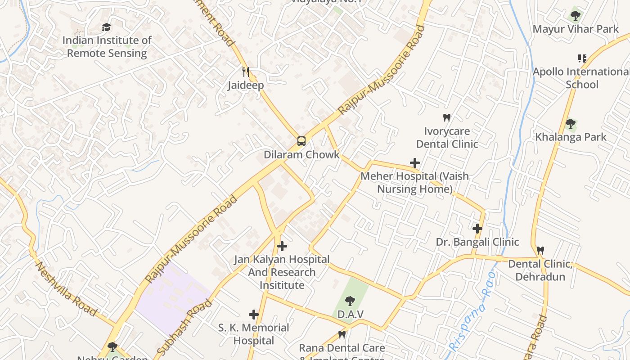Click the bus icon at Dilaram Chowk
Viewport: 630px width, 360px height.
pos(301,141)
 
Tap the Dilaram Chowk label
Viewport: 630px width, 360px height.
pos(301,155)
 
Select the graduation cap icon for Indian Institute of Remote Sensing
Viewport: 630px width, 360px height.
pos(106,27)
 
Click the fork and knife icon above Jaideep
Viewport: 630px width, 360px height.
pos(246,72)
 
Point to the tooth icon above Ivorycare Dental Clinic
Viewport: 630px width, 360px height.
pos(446,118)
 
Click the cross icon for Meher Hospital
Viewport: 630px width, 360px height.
pos(414,163)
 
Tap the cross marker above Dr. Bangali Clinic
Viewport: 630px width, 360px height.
pos(477,229)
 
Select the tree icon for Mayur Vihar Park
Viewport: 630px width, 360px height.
pos(575,16)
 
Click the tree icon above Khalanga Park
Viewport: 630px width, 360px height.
pos(570,123)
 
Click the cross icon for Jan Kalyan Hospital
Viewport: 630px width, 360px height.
pos(282,246)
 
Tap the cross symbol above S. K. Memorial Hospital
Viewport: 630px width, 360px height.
pos(254,314)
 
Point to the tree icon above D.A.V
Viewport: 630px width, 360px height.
pos(350,301)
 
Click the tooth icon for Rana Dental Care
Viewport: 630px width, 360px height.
pos(342,334)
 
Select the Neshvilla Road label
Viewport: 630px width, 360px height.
pos(66,288)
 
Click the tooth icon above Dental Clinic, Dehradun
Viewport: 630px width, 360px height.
pos(540,250)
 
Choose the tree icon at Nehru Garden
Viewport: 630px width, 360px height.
pos(112,346)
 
